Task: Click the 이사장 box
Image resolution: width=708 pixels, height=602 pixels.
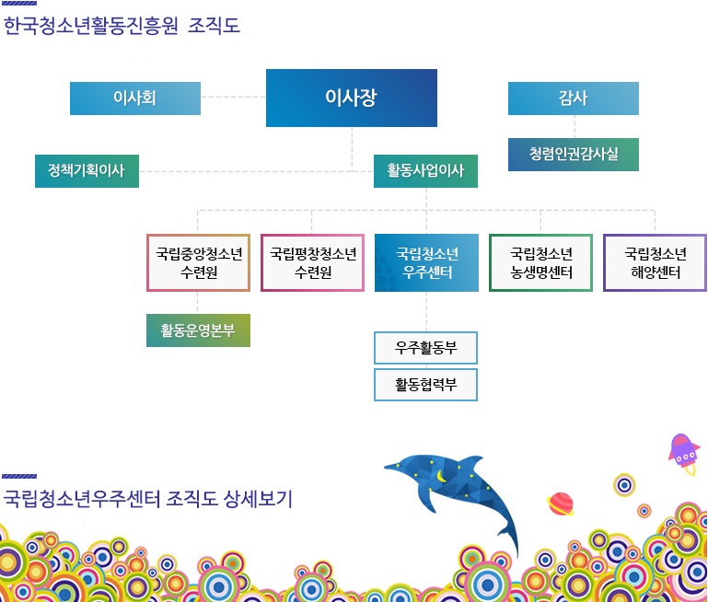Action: pyautogui.click(x=352, y=98)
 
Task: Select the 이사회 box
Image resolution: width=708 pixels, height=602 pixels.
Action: pyautogui.click(x=135, y=98)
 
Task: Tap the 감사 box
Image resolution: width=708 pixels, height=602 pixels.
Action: pyautogui.click(x=574, y=98)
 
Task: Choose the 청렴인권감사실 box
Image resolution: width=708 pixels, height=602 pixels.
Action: pyautogui.click(x=574, y=155)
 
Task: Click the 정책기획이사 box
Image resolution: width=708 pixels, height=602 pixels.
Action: pyautogui.click(x=87, y=171)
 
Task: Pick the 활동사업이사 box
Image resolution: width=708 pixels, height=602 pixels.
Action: pyautogui.click(x=425, y=171)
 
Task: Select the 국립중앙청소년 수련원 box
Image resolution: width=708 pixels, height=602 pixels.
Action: pyautogui.click(x=198, y=262)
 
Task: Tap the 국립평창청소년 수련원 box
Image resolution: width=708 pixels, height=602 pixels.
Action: pyautogui.click(x=312, y=262)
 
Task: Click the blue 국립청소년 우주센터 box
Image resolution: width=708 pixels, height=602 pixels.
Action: pyautogui.click(x=426, y=262)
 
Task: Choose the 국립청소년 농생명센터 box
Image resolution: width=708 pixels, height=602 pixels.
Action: pyautogui.click(x=541, y=262)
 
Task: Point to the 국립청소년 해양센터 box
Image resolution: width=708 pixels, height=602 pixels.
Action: pyautogui.click(x=656, y=262)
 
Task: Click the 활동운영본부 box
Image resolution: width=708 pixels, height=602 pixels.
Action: pyautogui.click(x=198, y=330)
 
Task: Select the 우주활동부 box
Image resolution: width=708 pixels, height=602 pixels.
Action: pyautogui.click(x=425, y=348)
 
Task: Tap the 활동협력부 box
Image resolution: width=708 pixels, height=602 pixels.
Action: pyautogui.click(x=425, y=385)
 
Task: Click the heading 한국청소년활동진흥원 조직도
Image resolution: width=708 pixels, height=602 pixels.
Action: pyautogui.click(x=122, y=26)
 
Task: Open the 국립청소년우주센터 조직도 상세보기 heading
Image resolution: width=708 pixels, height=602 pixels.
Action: pyautogui.click(x=147, y=499)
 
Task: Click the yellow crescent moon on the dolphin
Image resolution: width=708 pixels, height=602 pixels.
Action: pyautogui.click(x=441, y=476)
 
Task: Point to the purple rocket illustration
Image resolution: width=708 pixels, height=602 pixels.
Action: pyautogui.click(x=684, y=454)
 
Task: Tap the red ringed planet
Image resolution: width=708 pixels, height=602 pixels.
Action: pyautogui.click(x=561, y=504)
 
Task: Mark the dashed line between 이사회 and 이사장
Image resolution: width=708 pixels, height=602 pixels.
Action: pyautogui.click(x=233, y=97)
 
